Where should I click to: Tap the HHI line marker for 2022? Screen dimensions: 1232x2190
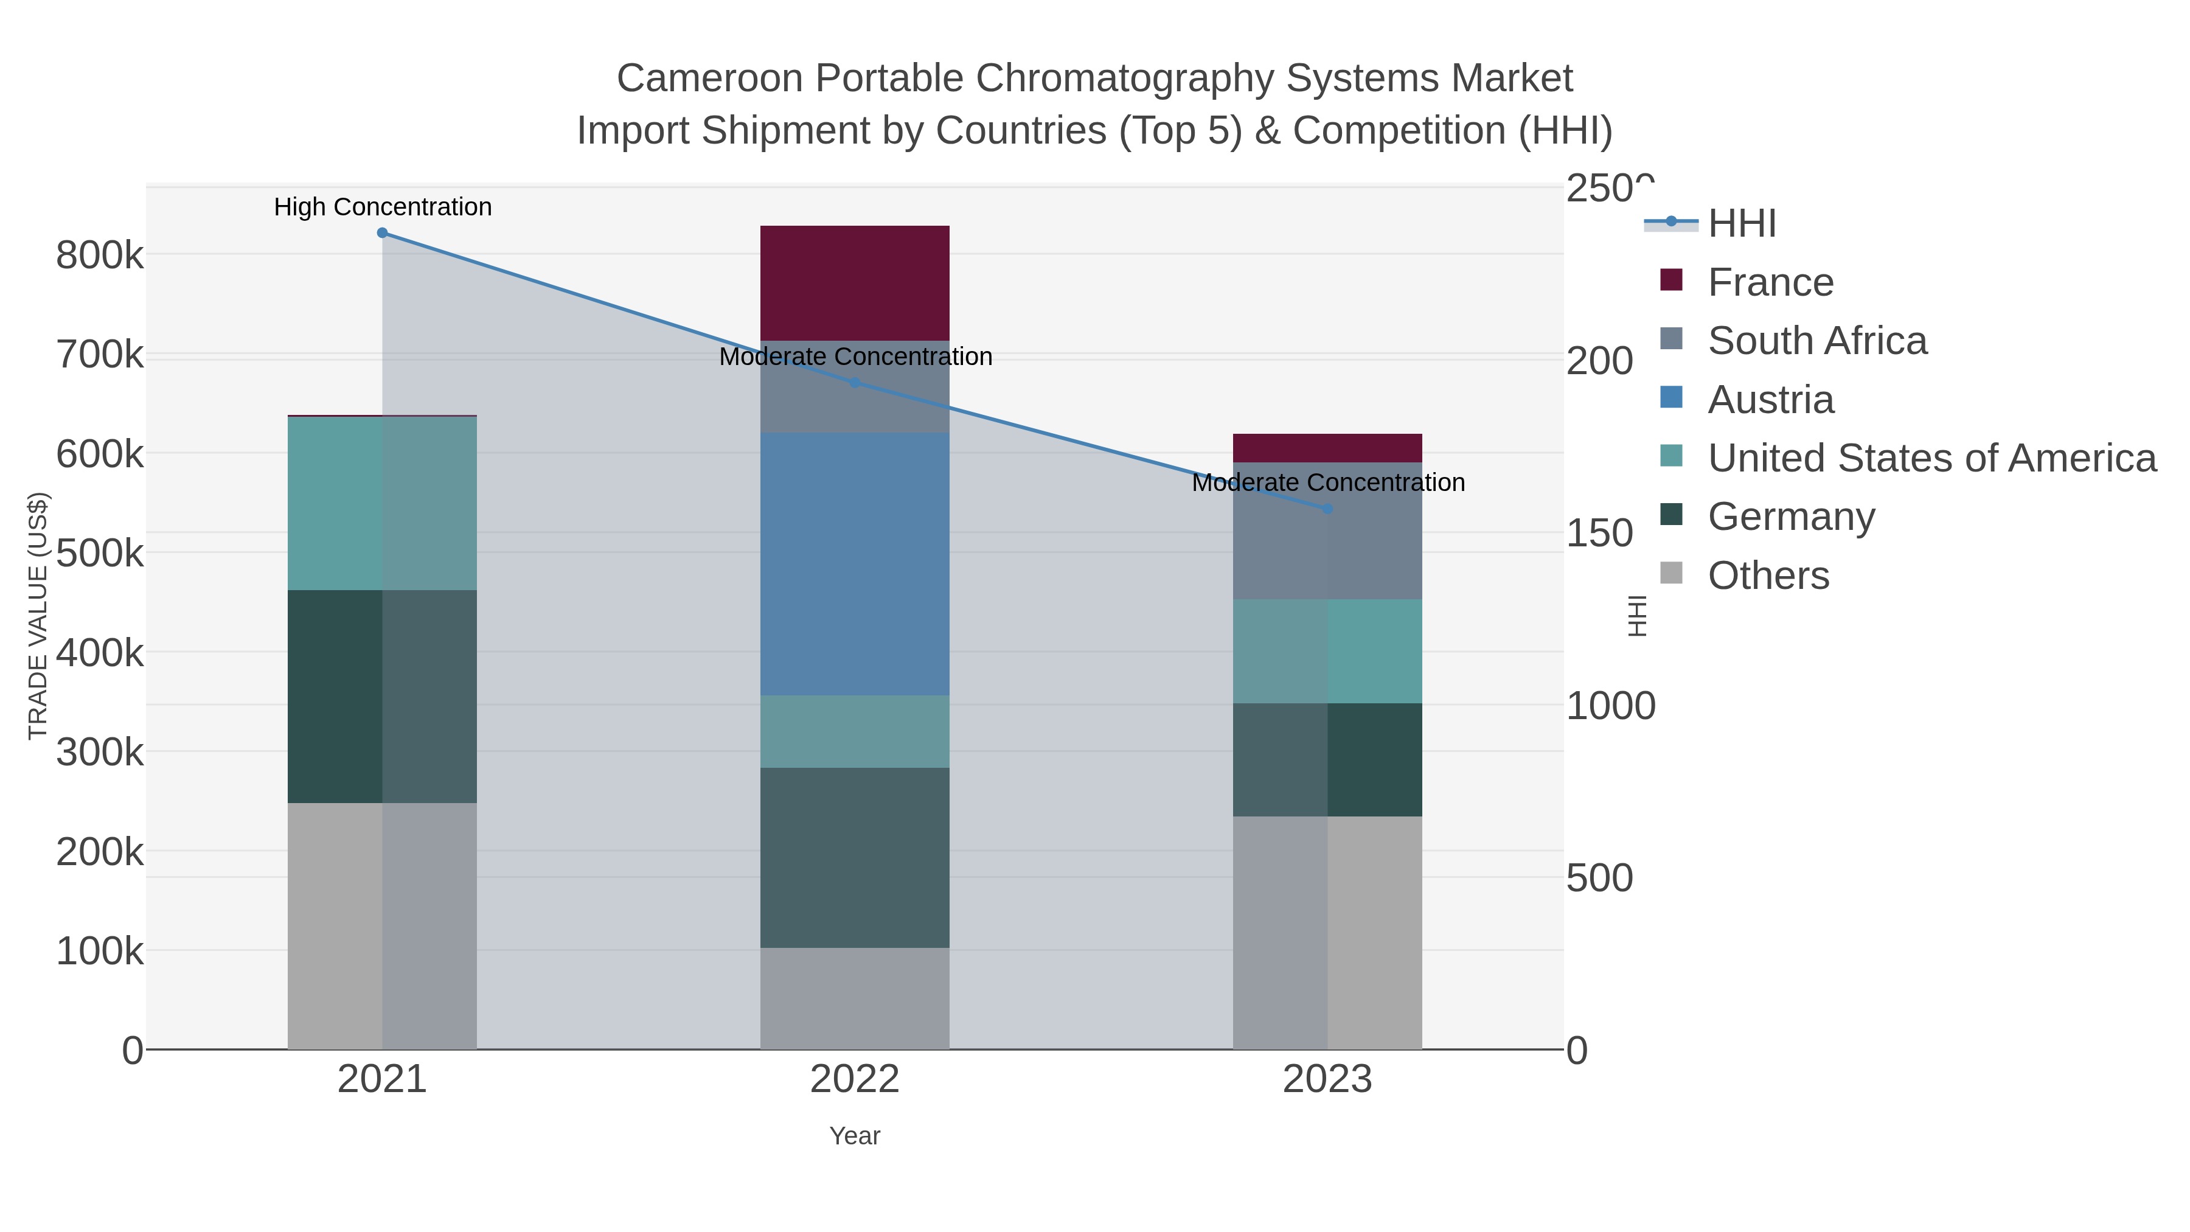pyautogui.click(x=855, y=383)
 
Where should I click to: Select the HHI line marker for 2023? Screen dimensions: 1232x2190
pyautogui.click(x=1328, y=509)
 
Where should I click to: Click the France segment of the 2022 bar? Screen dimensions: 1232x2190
pyautogui.click(x=855, y=283)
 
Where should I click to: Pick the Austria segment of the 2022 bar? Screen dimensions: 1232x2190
pyautogui.click(x=855, y=564)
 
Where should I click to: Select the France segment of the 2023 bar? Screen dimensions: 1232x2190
pyautogui.click(x=1327, y=448)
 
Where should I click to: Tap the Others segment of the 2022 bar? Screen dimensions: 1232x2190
pyautogui.click(x=855, y=998)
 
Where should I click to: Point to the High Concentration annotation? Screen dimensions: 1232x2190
pyautogui.click(x=383, y=207)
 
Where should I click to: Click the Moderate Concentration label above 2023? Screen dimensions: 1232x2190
pyautogui.click(x=1328, y=483)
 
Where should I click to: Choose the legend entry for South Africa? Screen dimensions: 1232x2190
pyautogui.click(x=1816, y=341)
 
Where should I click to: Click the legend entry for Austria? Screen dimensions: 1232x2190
pyautogui.click(x=1770, y=400)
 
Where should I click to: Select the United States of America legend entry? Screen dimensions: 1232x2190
pyautogui.click(x=1931, y=458)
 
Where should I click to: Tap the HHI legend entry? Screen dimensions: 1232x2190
pyautogui.click(x=1741, y=224)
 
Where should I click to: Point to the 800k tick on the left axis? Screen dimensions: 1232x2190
pyautogui.click(x=100, y=255)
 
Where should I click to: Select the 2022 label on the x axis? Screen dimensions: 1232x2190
pyautogui.click(x=855, y=1080)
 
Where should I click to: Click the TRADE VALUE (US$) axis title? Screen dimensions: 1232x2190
pyautogui.click(x=38, y=616)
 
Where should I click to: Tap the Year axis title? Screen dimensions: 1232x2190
pyautogui.click(x=855, y=1136)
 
